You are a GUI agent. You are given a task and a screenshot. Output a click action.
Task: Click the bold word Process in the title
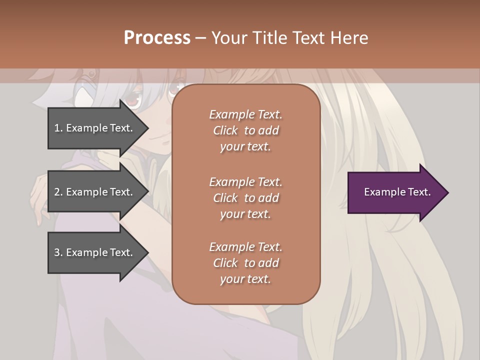click(157, 38)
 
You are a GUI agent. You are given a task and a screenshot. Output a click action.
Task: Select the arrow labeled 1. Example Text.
click(95, 128)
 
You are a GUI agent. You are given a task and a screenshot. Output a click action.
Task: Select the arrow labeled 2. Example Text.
click(95, 192)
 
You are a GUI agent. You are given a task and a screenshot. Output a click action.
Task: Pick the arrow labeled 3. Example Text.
click(95, 252)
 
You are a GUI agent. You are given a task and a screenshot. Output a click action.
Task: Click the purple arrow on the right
click(395, 192)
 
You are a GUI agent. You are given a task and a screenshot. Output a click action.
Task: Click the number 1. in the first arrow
click(58, 128)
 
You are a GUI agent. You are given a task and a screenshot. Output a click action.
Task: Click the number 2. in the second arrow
click(58, 192)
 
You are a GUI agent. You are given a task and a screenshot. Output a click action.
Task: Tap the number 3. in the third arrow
click(58, 252)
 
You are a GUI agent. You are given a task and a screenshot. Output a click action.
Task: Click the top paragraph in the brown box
click(245, 130)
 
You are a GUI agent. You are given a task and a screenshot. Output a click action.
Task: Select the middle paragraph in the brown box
click(245, 198)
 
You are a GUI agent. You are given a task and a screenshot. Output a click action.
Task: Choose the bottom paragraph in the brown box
click(245, 263)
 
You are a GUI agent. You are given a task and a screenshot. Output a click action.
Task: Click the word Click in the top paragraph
click(225, 130)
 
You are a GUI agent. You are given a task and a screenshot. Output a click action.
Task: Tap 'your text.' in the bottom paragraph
click(245, 279)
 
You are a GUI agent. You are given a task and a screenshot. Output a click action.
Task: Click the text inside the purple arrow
click(397, 192)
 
